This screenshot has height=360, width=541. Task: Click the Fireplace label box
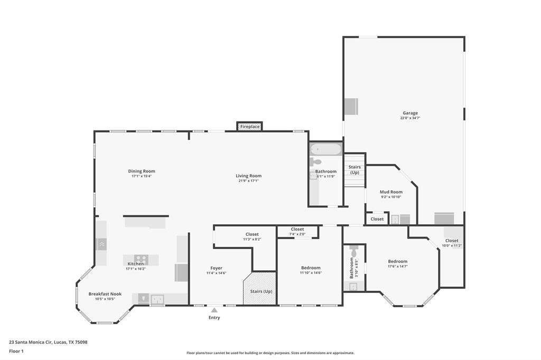[250, 127]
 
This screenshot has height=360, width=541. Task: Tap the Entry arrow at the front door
[214, 310]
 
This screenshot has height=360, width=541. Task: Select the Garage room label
[410, 113]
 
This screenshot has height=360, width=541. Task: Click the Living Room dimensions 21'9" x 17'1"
[248, 181]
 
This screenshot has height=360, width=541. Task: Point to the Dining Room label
[142, 171]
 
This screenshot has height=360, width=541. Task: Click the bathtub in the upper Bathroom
[326, 150]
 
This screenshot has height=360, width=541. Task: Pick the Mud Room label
[391, 192]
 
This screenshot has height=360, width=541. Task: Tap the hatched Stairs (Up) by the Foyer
[260, 289]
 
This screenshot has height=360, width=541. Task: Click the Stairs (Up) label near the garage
[355, 169]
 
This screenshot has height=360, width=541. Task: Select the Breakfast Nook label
[105, 294]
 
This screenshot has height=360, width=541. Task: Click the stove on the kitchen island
[141, 259]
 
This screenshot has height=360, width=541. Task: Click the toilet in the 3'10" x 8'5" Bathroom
[354, 252]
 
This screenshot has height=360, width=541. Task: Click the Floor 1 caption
[17, 351]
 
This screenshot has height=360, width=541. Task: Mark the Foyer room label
[216, 268]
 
